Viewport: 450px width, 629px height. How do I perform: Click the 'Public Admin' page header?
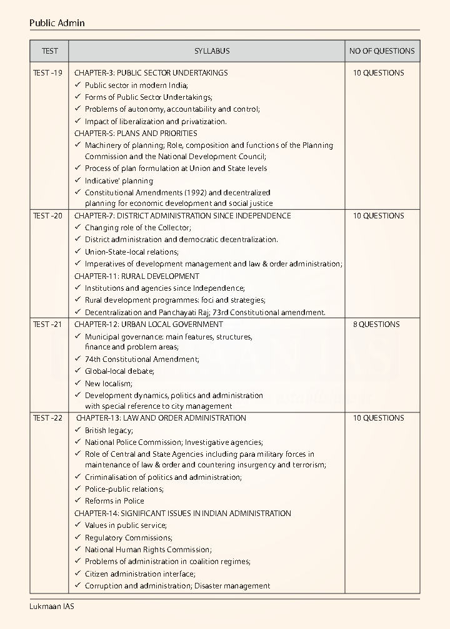(x=57, y=23)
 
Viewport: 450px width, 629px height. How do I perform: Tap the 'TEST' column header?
(x=49, y=51)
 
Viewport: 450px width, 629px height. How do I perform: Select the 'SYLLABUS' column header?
(x=211, y=51)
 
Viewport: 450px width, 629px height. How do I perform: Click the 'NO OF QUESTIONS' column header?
(x=382, y=51)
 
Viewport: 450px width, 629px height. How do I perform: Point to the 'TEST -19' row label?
(x=47, y=73)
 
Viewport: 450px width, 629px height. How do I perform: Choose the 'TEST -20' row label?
(x=47, y=216)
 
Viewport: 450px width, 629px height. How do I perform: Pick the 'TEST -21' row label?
(x=47, y=324)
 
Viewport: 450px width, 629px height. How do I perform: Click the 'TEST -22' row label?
(x=47, y=418)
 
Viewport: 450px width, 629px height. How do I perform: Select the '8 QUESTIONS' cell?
(x=376, y=324)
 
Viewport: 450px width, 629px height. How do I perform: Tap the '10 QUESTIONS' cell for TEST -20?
(x=378, y=216)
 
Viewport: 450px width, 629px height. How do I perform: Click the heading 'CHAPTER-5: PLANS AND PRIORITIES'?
(x=136, y=134)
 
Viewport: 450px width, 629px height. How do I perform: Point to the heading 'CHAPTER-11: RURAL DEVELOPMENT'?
(x=137, y=276)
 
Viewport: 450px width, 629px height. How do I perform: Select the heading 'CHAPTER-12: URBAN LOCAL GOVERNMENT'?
(x=149, y=324)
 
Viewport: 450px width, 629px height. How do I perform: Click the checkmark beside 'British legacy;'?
(x=78, y=431)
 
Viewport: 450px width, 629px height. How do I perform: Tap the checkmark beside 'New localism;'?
(x=78, y=384)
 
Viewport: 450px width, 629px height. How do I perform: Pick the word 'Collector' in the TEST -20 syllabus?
(x=174, y=228)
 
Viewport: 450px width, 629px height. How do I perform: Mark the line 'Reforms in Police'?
(x=114, y=501)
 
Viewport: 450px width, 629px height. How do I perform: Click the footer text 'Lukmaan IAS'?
(x=51, y=606)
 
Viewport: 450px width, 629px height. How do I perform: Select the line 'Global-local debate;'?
(x=119, y=371)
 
